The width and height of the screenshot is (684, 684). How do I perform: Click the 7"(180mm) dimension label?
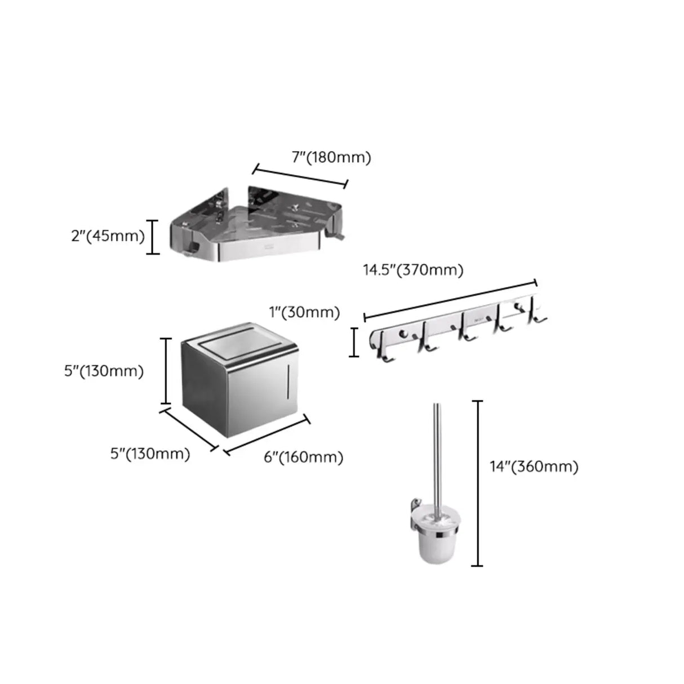point(331,158)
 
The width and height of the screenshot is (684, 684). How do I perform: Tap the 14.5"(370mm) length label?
point(412,270)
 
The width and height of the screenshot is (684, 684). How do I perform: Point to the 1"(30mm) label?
point(304,312)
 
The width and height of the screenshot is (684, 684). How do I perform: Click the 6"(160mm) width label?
point(304,457)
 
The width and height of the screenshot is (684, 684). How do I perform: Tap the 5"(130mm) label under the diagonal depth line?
point(150,454)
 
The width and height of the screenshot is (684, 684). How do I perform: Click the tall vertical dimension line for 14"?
point(478,483)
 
